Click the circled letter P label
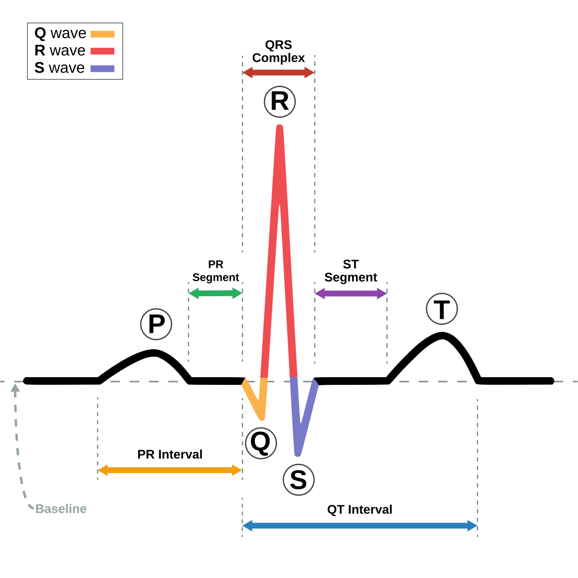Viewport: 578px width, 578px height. coord(156,324)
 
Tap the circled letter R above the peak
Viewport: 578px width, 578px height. coord(279,102)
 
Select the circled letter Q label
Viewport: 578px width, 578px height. coord(261,443)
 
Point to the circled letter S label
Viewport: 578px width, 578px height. coord(299,480)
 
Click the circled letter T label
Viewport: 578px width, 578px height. coord(442,309)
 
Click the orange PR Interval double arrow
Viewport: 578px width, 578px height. coord(170,470)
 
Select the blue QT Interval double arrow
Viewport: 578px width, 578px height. coord(360,525)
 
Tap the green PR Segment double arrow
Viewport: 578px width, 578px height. coord(215,293)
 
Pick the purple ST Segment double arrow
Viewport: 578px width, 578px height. coord(351,293)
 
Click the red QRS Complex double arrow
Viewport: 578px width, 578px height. coord(278,73)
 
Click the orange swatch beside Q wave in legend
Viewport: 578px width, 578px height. coord(103,34)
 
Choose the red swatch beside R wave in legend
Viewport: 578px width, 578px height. coord(103,51)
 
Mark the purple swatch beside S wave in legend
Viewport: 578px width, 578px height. coord(103,68)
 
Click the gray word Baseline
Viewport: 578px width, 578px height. coord(61,509)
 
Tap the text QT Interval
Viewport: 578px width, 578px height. coord(360,510)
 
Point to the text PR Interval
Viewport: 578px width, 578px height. coord(170,454)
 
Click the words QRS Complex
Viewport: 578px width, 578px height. coord(278,52)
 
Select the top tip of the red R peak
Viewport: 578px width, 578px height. coord(279,128)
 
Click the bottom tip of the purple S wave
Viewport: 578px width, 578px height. coord(298,453)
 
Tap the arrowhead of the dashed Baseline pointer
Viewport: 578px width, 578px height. coord(15,387)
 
